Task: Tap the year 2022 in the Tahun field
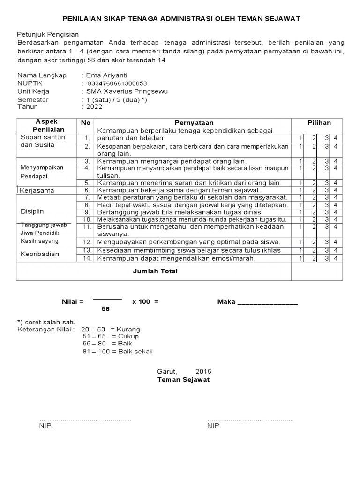pos(94,107)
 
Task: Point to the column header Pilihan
pos(319,122)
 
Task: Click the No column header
pos(85,122)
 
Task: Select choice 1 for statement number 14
pos(300,258)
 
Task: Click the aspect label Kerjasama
pos(37,191)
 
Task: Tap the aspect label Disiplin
pos(32,212)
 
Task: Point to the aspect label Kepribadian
pos(40,254)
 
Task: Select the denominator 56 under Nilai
pos(106,309)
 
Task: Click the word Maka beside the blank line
pos(226,301)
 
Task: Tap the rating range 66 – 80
pos(94,344)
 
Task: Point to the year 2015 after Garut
pos(203,372)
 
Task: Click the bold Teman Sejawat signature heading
pos(183,379)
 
